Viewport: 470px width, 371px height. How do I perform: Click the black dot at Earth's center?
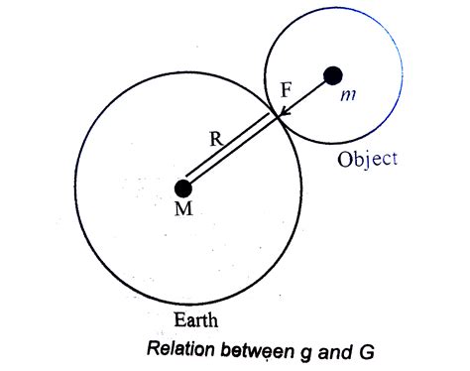click(182, 187)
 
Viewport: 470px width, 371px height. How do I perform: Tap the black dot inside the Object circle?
click(333, 74)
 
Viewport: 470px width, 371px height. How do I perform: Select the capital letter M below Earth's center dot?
click(182, 212)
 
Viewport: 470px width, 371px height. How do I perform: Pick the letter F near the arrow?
click(287, 90)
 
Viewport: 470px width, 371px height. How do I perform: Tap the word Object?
click(367, 159)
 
